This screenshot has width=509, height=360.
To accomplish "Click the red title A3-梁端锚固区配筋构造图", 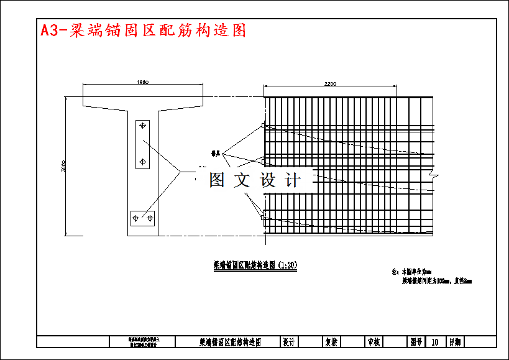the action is pos(143,30).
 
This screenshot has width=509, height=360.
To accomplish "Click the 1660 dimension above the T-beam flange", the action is pos(142,82).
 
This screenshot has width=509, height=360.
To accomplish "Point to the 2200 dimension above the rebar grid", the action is pos(331,84).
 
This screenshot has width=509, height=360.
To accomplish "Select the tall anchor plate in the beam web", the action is pos(142,144).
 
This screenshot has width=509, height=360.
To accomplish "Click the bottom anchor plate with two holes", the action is pos(142,218).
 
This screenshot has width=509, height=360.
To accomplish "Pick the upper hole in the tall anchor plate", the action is pos(143,126).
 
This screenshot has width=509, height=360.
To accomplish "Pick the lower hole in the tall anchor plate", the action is pos(143,162).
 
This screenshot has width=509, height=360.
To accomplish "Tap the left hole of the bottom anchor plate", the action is pos(135,218).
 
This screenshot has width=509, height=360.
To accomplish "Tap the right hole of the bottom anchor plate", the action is pos(149,218).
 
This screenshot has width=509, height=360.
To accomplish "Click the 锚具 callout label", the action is pos(217,152).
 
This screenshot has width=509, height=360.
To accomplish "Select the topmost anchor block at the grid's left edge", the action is pos(264,126).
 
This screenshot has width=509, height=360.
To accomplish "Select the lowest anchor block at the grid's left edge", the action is pos(264,218).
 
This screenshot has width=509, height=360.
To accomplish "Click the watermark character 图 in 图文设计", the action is pos(217,180).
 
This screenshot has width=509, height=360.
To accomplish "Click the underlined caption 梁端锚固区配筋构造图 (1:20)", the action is pos(255,265).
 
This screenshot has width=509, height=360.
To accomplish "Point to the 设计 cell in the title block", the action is pos(289,342).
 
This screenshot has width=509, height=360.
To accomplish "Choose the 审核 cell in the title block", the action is pos(374,342).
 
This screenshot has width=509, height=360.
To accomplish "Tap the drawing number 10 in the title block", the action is pos(435,342).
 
